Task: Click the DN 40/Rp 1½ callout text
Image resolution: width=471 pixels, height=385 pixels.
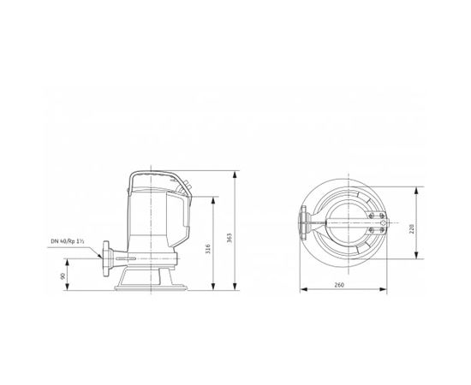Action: pos(74,242)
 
